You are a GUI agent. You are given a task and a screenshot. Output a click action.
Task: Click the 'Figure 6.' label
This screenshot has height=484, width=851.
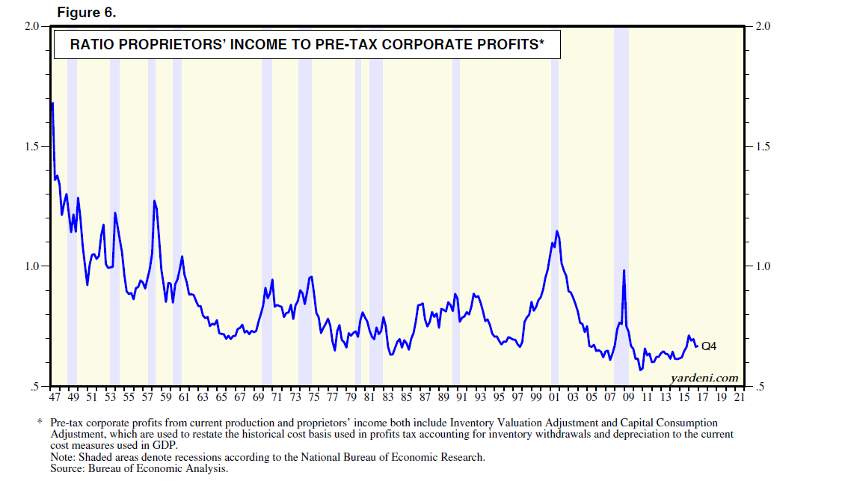click(x=87, y=13)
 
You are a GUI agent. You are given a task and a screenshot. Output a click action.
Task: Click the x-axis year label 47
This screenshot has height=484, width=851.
click(x=55, y=397)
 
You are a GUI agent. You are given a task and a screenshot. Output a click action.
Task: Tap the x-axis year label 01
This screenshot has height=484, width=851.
click(x=555, y=397)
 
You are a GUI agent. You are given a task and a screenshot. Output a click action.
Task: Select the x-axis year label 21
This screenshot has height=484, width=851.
click(x=740, y=397)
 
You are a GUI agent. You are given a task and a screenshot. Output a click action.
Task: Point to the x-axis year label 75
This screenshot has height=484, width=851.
click(x=314, y=397)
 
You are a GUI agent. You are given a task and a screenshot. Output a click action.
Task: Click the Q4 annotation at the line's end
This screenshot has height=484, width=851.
click(x=709, y=346)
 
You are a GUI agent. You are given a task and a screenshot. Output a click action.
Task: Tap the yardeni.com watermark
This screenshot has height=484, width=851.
click(x=706, y=378)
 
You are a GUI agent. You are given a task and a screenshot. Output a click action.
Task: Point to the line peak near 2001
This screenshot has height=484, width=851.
click(x=556, y=231)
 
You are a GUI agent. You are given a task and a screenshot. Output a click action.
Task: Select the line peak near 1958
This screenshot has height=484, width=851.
click(x=154, y=201)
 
